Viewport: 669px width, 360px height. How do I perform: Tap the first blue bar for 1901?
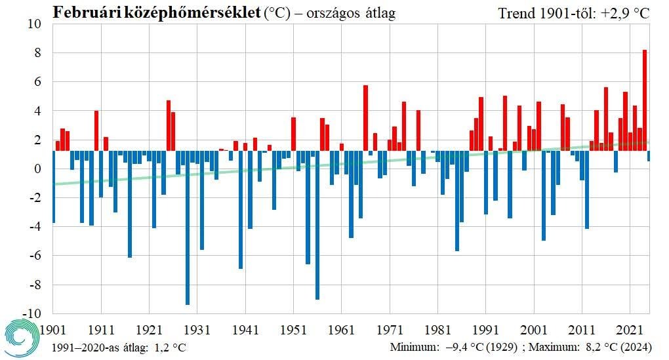[x=53, y=187]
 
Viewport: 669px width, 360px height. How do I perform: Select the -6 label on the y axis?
[x=32, y=256]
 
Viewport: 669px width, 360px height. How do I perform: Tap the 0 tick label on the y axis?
[x=37, y=169]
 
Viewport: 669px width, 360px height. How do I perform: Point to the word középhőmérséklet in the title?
[x=190, y=12]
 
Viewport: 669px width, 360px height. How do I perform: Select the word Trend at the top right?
[x=516, y=13]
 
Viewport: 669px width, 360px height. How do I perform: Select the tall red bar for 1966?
[x=365, y=118]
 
